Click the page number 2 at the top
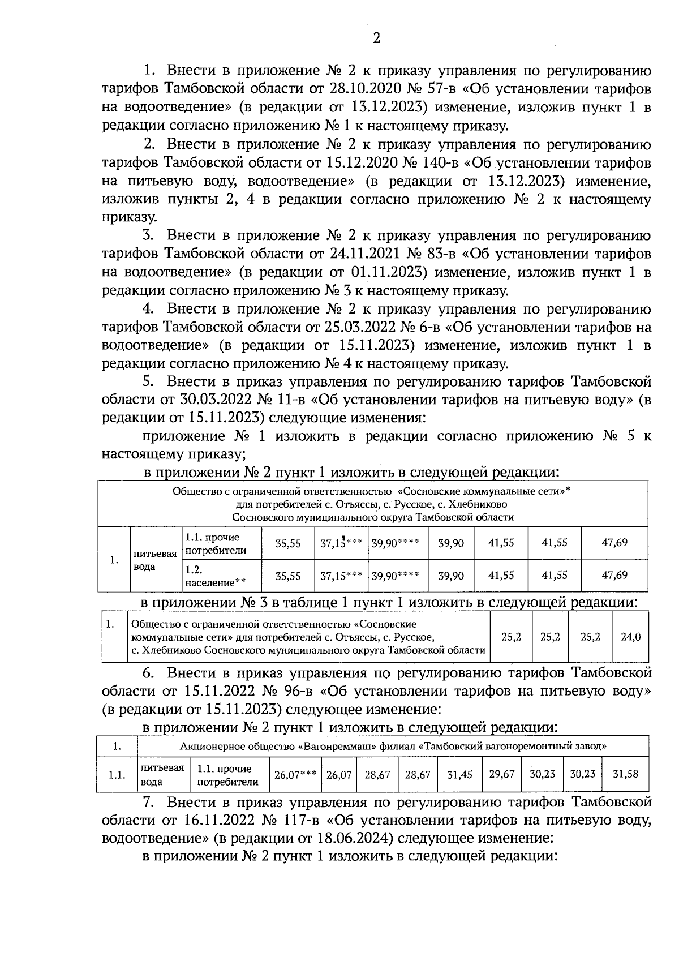coord(376,38)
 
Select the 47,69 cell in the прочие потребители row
coord(614,543)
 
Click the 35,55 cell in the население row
coord(287,576)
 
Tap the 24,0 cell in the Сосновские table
coord(630,637)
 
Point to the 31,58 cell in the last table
coord(625,774)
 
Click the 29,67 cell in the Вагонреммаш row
coord(501,774)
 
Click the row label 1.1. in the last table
coord(117,775)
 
